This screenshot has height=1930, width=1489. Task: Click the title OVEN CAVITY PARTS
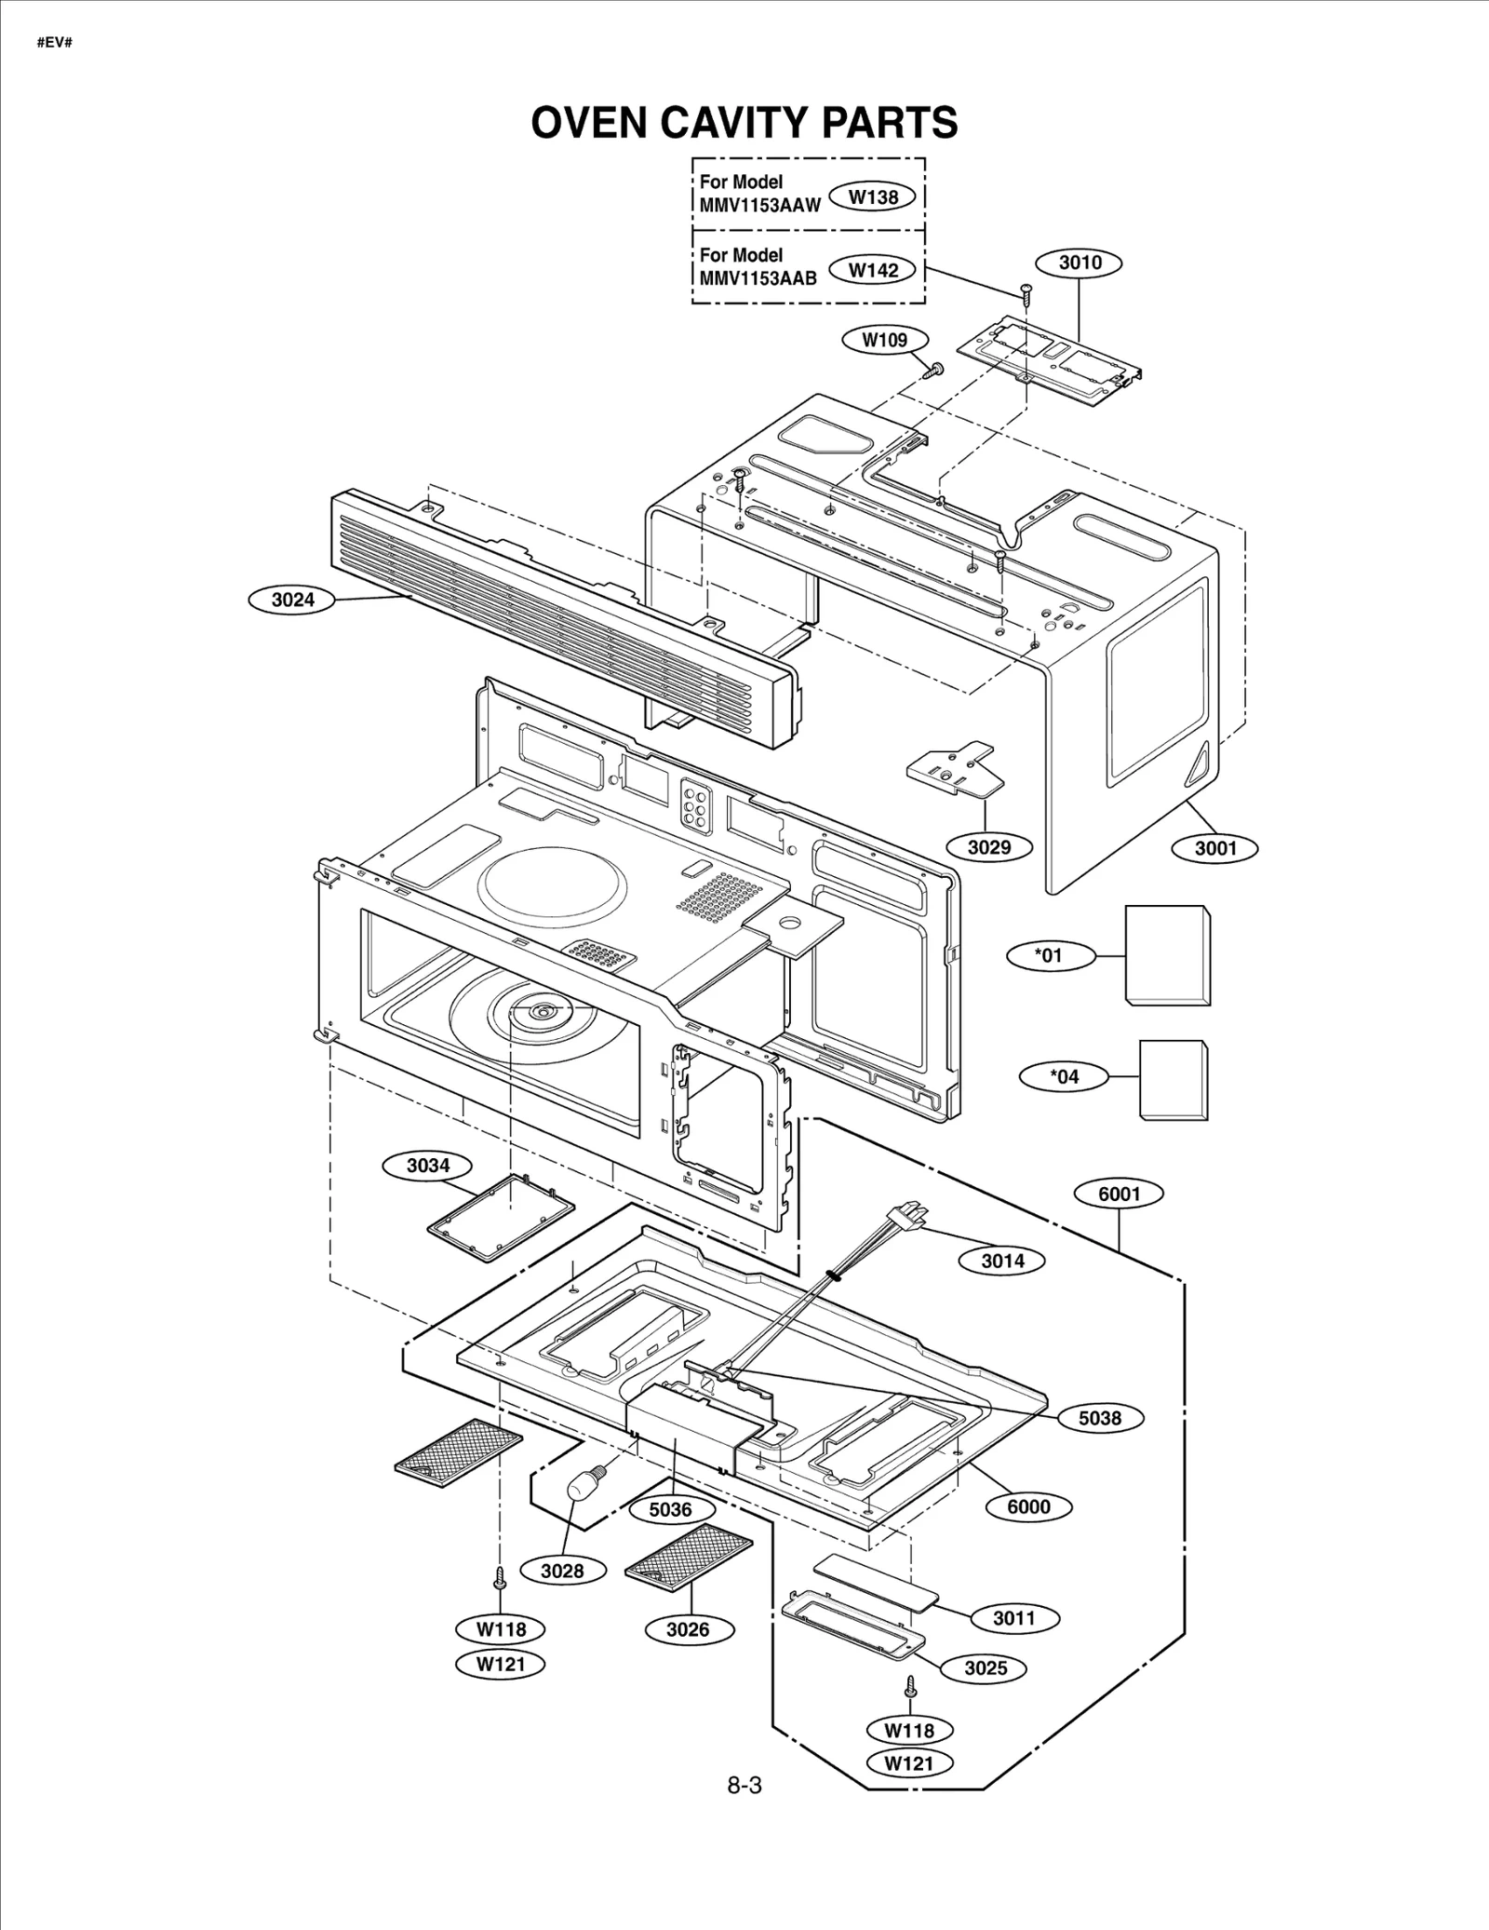pyautogui.click(x=744, y=122)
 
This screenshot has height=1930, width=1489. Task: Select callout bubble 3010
pyautogui.click(x=1080, y=263)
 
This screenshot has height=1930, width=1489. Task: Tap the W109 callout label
pyautogui.click(x=883, y=340)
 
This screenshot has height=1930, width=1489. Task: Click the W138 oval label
pyautogui.click(x=874, y=196)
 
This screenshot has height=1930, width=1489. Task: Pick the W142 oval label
pyautogui.click(x=874, y=270)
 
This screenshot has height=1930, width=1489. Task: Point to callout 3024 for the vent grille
pyautogui.click(x=293, y=600)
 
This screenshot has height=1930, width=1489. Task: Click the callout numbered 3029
pyautogui.click(x=988, y=846)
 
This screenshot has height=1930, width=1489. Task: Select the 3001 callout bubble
pyautogui.click(x=1215, y=847)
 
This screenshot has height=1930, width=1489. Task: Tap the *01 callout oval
pyautogui.click(x=1049, y=954)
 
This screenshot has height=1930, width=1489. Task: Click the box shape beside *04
pyautogui.click(x=1173, y=1080)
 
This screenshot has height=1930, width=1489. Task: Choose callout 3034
pyautogui.click(x=428, y=1165)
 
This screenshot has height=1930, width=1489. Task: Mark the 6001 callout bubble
pyautogui.click(x=1119, y=1194)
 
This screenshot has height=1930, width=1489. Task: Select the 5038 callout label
pyautogui.click(x=1099, y=1418)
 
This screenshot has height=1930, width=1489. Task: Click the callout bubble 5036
pyautogui.click(x=670, y=1509)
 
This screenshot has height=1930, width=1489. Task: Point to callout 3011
pyautogui.click(x=1013, y=1617)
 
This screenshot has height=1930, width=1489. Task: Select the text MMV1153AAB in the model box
pyautogui.click(x=758, y=278)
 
